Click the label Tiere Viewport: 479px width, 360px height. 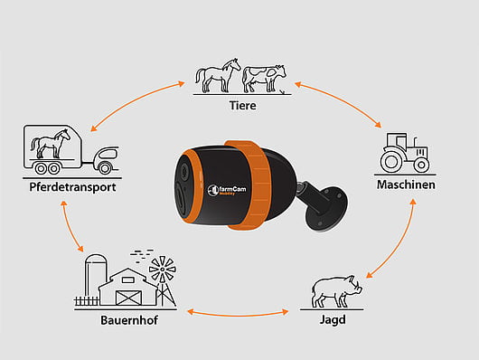[240, 106]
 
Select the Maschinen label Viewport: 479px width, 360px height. [406, 185]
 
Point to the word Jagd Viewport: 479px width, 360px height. [331, 320]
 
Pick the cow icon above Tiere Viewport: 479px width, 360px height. [263, 77]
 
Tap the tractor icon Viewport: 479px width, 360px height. [404, 155]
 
